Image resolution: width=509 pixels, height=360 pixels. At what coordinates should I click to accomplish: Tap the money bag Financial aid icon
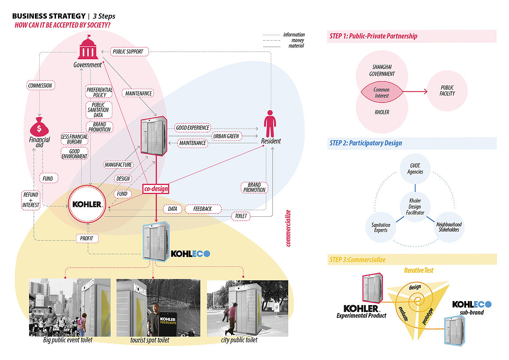[x=39, y=127]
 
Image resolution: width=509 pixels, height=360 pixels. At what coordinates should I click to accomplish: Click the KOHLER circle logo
[x=87, y=204]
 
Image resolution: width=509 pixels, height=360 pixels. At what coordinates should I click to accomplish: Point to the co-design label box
[x=156, y=189]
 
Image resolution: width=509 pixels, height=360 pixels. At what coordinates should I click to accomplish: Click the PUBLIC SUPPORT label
[x=128, y=52]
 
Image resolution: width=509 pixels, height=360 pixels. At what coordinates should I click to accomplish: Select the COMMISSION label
[x=40, y=85]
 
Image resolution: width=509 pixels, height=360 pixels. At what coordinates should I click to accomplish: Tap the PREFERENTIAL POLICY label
[x=99, y=92]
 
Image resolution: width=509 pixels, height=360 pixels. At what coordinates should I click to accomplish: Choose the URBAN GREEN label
[x=226, y=136]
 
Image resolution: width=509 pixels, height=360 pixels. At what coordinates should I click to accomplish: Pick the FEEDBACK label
[x=203, y=209]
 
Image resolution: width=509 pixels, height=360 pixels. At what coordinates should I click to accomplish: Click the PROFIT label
[x=87, y=238]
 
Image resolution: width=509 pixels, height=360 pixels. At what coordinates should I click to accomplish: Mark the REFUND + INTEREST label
[x=31, y=200]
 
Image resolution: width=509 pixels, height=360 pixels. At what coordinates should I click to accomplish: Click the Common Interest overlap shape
[x=381, y=93]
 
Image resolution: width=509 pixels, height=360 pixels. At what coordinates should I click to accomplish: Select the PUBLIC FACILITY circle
[x=447, y=91]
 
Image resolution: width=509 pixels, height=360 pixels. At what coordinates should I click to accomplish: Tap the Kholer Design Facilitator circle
[x=415, y=207]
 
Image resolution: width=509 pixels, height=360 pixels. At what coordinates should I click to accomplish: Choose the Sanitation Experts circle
[x=381, y=227]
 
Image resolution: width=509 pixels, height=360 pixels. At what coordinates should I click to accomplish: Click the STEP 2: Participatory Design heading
[x=366, y=143]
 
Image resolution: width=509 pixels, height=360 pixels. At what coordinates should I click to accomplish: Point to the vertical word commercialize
[x=288, y=228]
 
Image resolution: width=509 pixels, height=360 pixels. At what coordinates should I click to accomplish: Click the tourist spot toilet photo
[x=158, y=308]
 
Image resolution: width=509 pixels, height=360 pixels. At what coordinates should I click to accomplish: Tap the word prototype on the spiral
[x=428, y=316]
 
